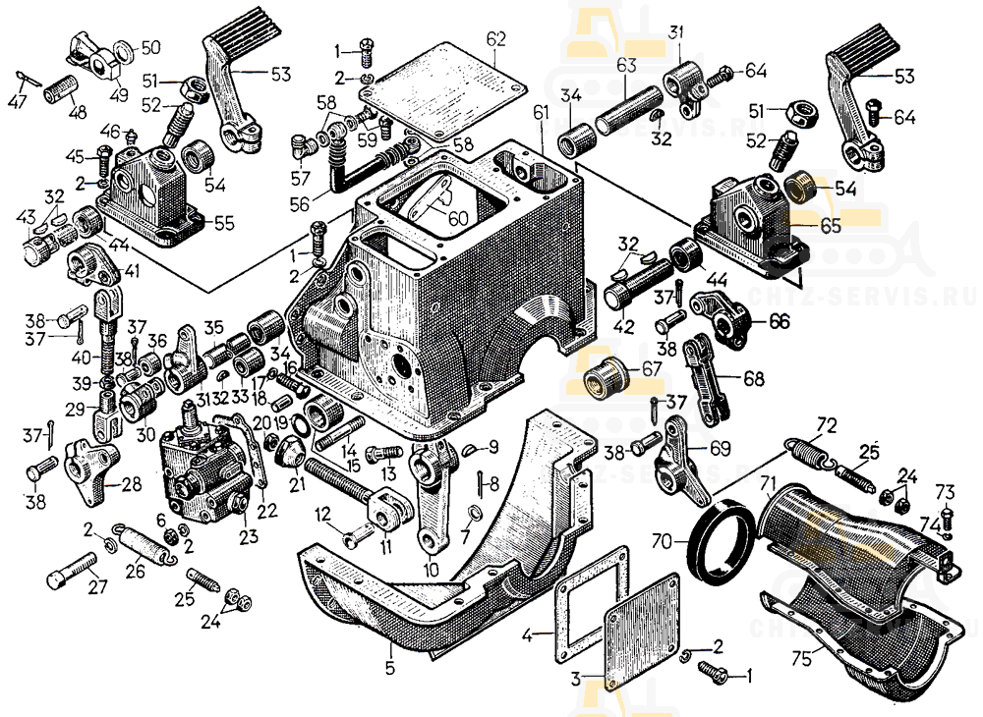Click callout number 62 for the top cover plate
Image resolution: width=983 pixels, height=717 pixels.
click(x=495, y=39)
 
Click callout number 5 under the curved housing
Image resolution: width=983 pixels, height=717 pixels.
click(x=390, y=669)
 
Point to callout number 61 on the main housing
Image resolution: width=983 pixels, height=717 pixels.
click(x=541, y=114)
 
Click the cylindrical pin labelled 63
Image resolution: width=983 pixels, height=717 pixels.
click(x=628, y=109)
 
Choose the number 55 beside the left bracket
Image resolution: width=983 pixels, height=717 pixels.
click(x=224, y=223)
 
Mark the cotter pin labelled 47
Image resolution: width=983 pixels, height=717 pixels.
click(x=28, y=79)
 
